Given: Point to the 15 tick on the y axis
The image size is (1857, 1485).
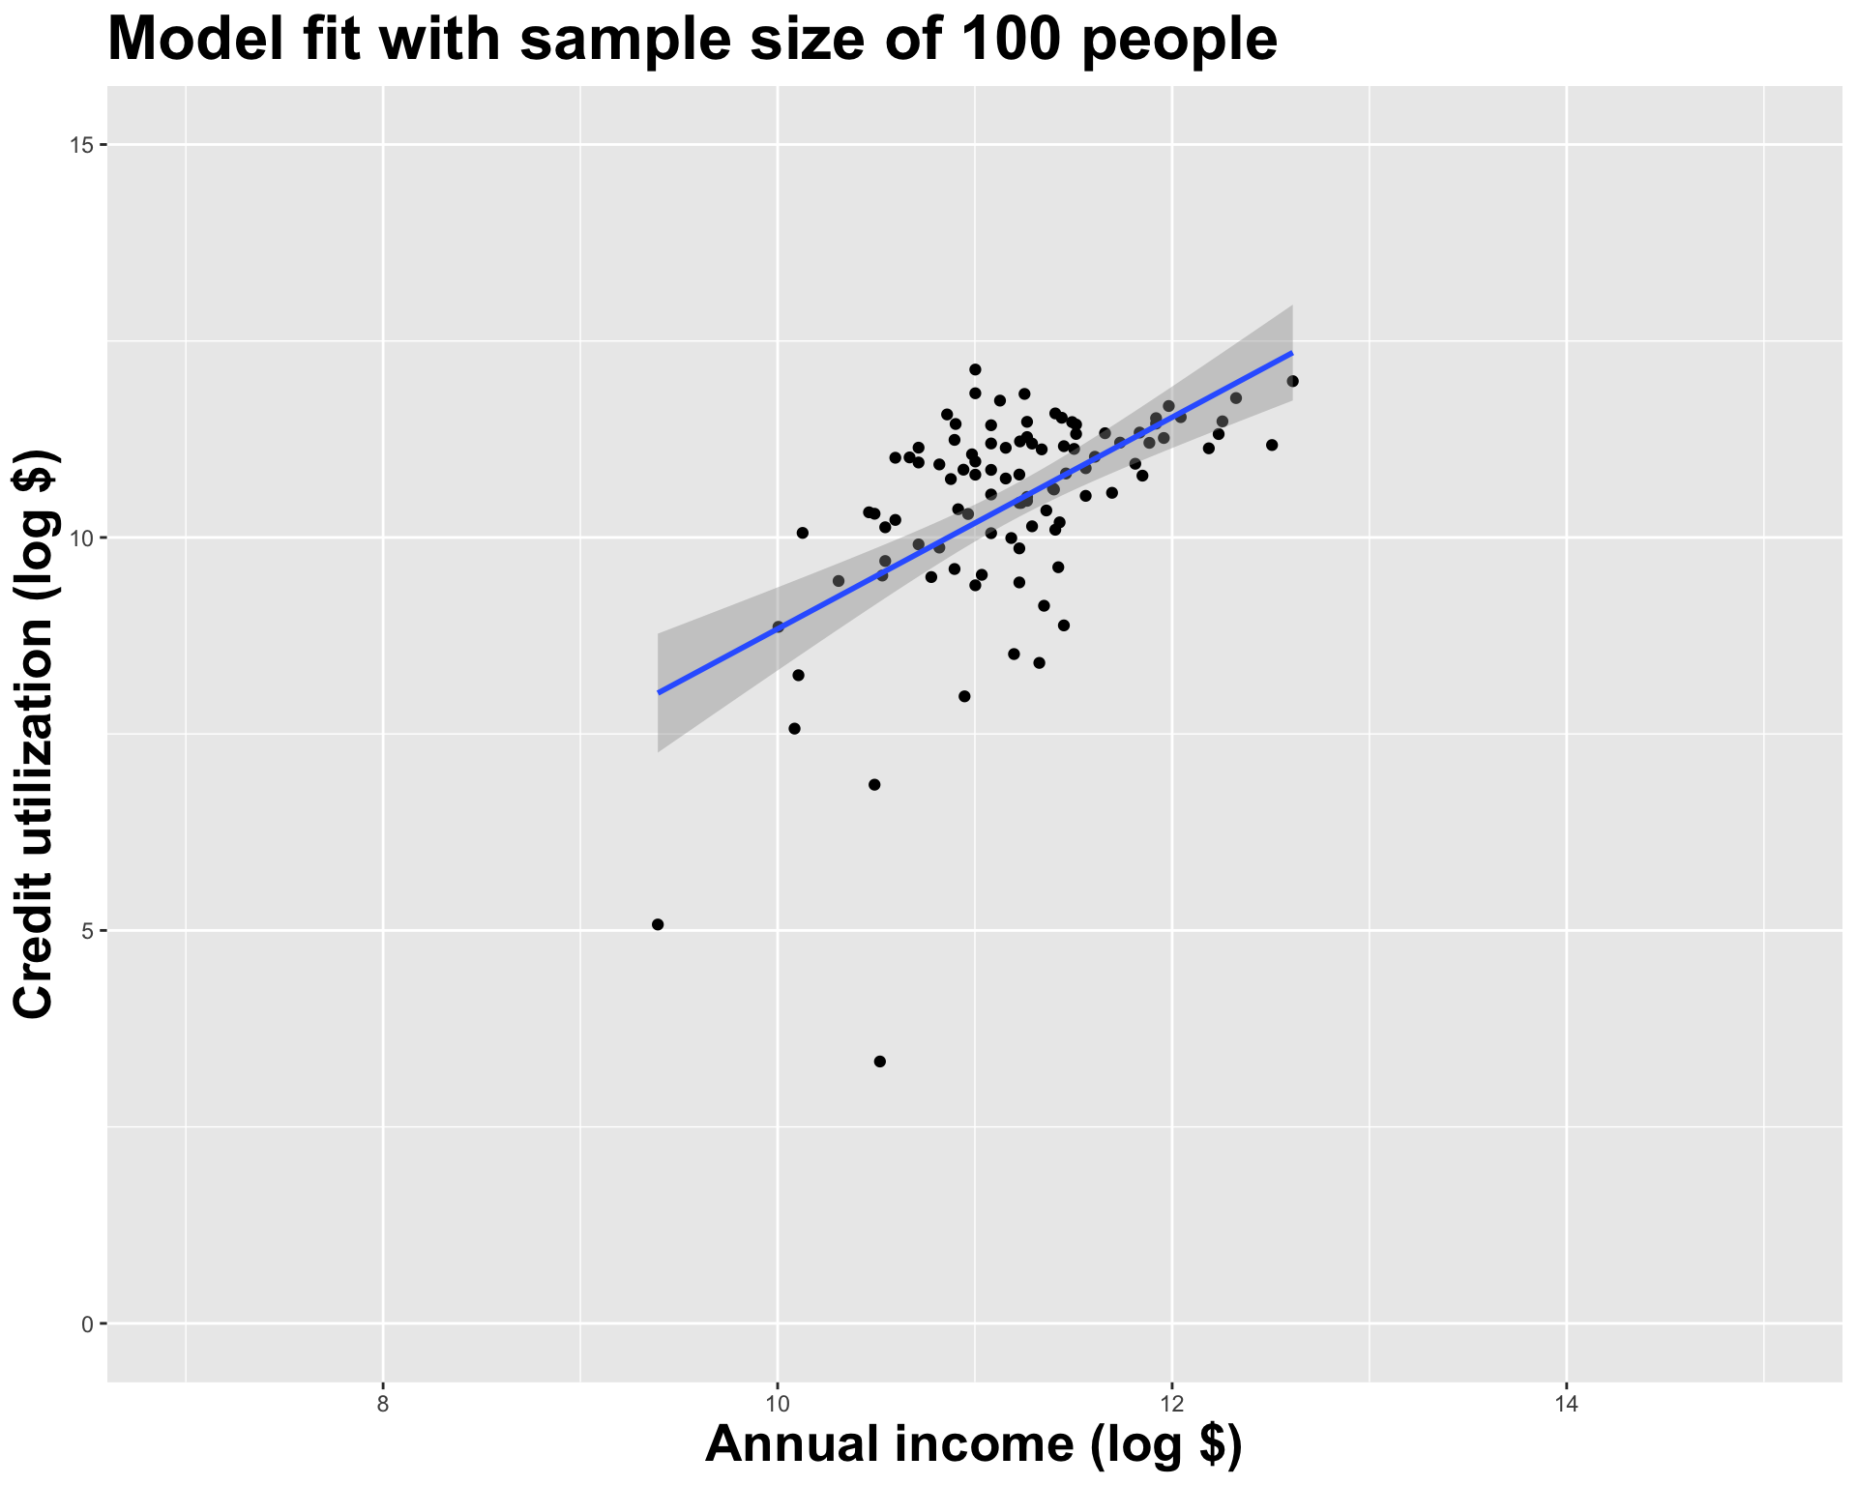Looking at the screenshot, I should tap(81, 145).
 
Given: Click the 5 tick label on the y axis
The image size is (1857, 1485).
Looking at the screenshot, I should tap(86, 931).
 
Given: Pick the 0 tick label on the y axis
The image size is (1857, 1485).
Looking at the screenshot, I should tap(86, 1324).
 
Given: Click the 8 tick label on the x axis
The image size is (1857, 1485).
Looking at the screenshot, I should tap(383, 1403).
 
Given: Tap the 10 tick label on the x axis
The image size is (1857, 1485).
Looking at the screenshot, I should tap(777, 1403).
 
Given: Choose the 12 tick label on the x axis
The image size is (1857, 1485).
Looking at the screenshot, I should tap(1171, 1403).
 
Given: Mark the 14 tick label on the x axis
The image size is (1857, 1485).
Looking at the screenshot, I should tap(1566, 1403).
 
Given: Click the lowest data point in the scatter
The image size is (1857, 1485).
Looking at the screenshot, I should tap(879, 1062).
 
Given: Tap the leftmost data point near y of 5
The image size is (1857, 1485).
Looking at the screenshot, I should tap(658, 924).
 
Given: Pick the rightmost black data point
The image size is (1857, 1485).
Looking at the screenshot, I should tap(1293, 381).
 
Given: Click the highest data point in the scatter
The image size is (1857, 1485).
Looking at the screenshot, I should tap(975, 369).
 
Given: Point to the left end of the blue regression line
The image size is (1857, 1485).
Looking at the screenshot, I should tap(659, 692).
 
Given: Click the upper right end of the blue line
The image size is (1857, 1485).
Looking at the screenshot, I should tap(1292, 353).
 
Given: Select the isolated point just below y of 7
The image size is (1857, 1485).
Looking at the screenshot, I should tap(874, 784).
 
